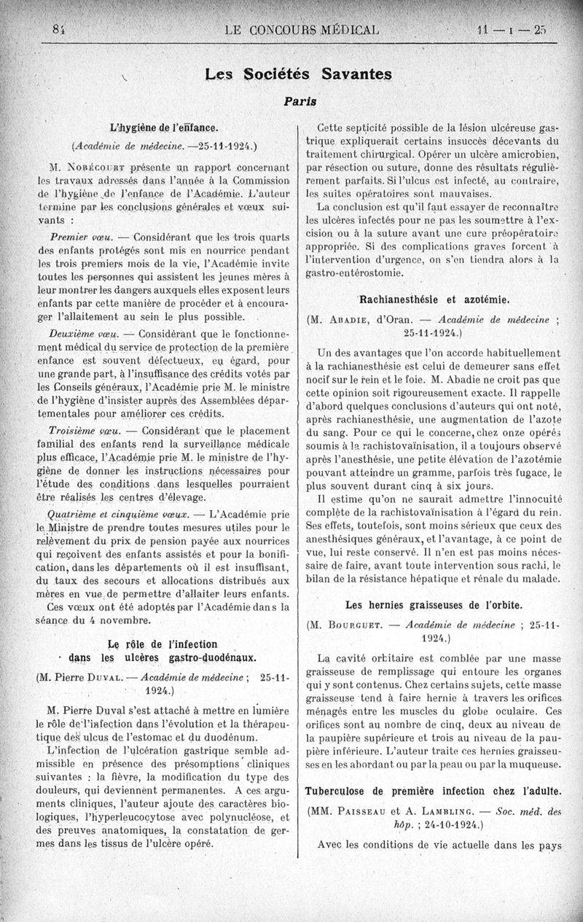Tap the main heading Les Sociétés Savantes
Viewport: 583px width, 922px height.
point(299,74)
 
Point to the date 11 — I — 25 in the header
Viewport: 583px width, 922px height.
point(509,31)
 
